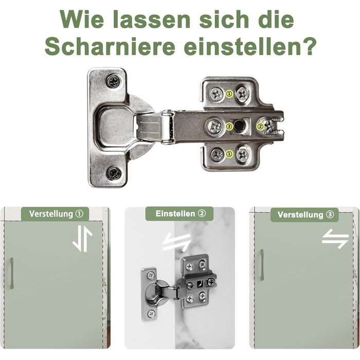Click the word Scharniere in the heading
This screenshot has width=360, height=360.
coord(110,46)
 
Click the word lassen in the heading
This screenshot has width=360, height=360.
coord(152,20)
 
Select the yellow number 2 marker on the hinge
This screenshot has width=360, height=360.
coord(260,127)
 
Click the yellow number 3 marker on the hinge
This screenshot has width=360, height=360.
coord(229,126)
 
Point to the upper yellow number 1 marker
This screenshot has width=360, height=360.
coord(229,94)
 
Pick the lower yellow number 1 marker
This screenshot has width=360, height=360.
coord(229,154)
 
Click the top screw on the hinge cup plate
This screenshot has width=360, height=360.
coord(114,81)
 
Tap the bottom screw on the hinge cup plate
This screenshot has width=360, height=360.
coord(114,174)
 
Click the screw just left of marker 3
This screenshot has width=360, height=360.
coord(215,127)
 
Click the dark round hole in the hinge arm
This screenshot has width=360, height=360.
coord(239,125)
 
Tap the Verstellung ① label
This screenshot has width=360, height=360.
coord(56,214)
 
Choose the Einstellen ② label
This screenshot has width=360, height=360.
coord(179,214)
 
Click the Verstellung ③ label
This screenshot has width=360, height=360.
coord(304,215)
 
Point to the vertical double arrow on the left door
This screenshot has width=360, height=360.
coord(82,239)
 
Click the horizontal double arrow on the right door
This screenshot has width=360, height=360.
coord(335,239)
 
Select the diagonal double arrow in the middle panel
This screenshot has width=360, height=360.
coord(176,242)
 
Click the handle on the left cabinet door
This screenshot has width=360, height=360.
coord(11,273)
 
